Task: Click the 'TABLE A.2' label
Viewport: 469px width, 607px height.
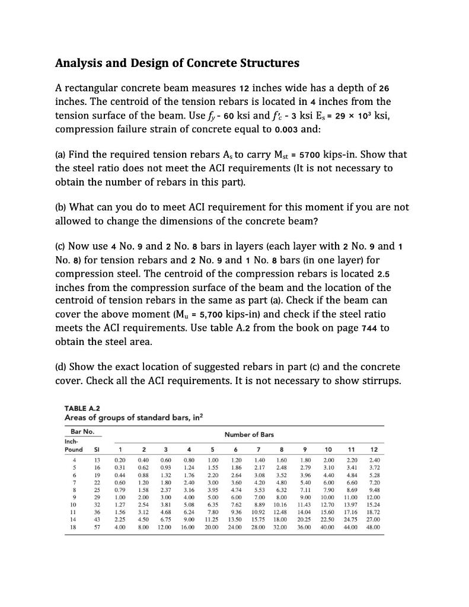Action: [x=81, y=407]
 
